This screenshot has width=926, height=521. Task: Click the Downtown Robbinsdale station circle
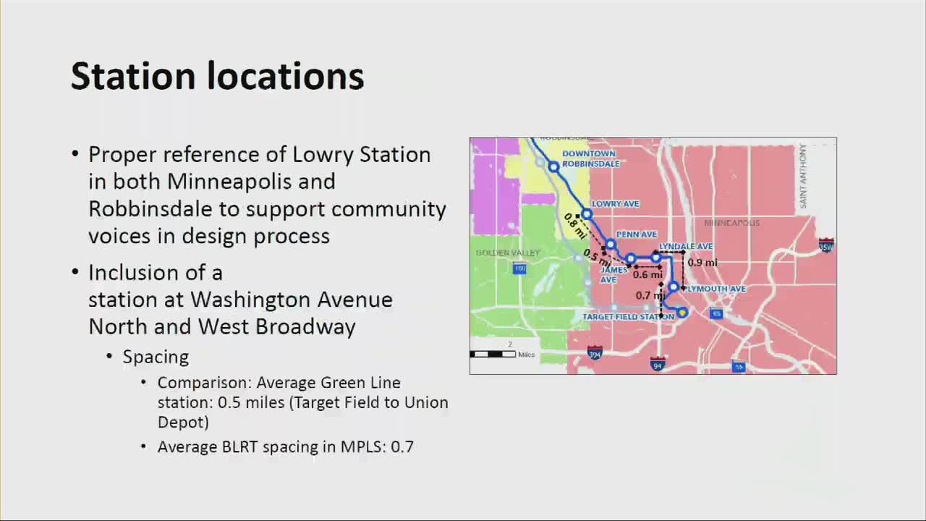[x=553, y=166]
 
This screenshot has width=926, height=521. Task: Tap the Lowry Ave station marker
[x=587, y=214]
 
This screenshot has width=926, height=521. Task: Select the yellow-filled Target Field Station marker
[x=681, y=313]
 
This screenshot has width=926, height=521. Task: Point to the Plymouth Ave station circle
[x=674, y=287]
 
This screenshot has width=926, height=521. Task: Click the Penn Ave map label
[x=637, y=234]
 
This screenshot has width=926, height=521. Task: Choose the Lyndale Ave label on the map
[x=686, y=247]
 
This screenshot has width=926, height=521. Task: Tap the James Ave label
[x=612, y=275]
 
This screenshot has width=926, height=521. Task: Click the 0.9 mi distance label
[x=702, y=263]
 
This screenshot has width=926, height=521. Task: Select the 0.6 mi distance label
[x=647, y=275]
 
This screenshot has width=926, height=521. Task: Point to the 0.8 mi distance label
[x=574, y=226]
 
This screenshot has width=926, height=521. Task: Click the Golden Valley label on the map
[x=508, y=253]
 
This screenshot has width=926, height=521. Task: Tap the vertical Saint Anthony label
[x=802, y=177]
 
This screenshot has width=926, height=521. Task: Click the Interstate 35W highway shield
[x=825, y=245]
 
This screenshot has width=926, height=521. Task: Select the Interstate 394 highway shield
[x=595, y=353]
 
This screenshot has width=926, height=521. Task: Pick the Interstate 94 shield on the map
[x=657, y=363]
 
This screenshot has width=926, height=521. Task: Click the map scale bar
[x=493, y=354]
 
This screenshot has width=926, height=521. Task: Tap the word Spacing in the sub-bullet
[x=156, y=357]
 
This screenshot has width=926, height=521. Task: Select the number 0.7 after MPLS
[x=402, y=446]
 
